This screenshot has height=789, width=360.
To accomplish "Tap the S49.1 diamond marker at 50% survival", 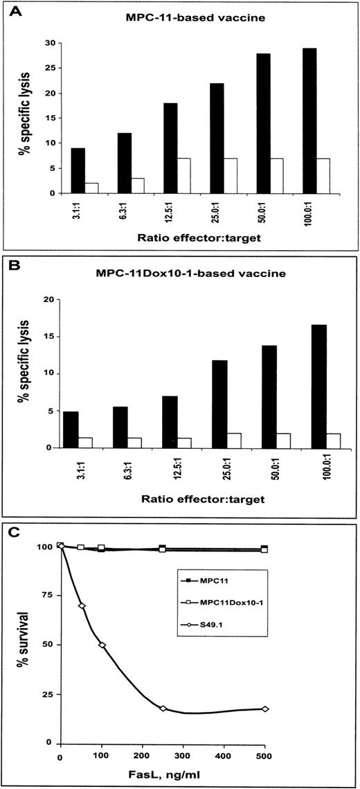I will pyautogui.click(x=102, y=645).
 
